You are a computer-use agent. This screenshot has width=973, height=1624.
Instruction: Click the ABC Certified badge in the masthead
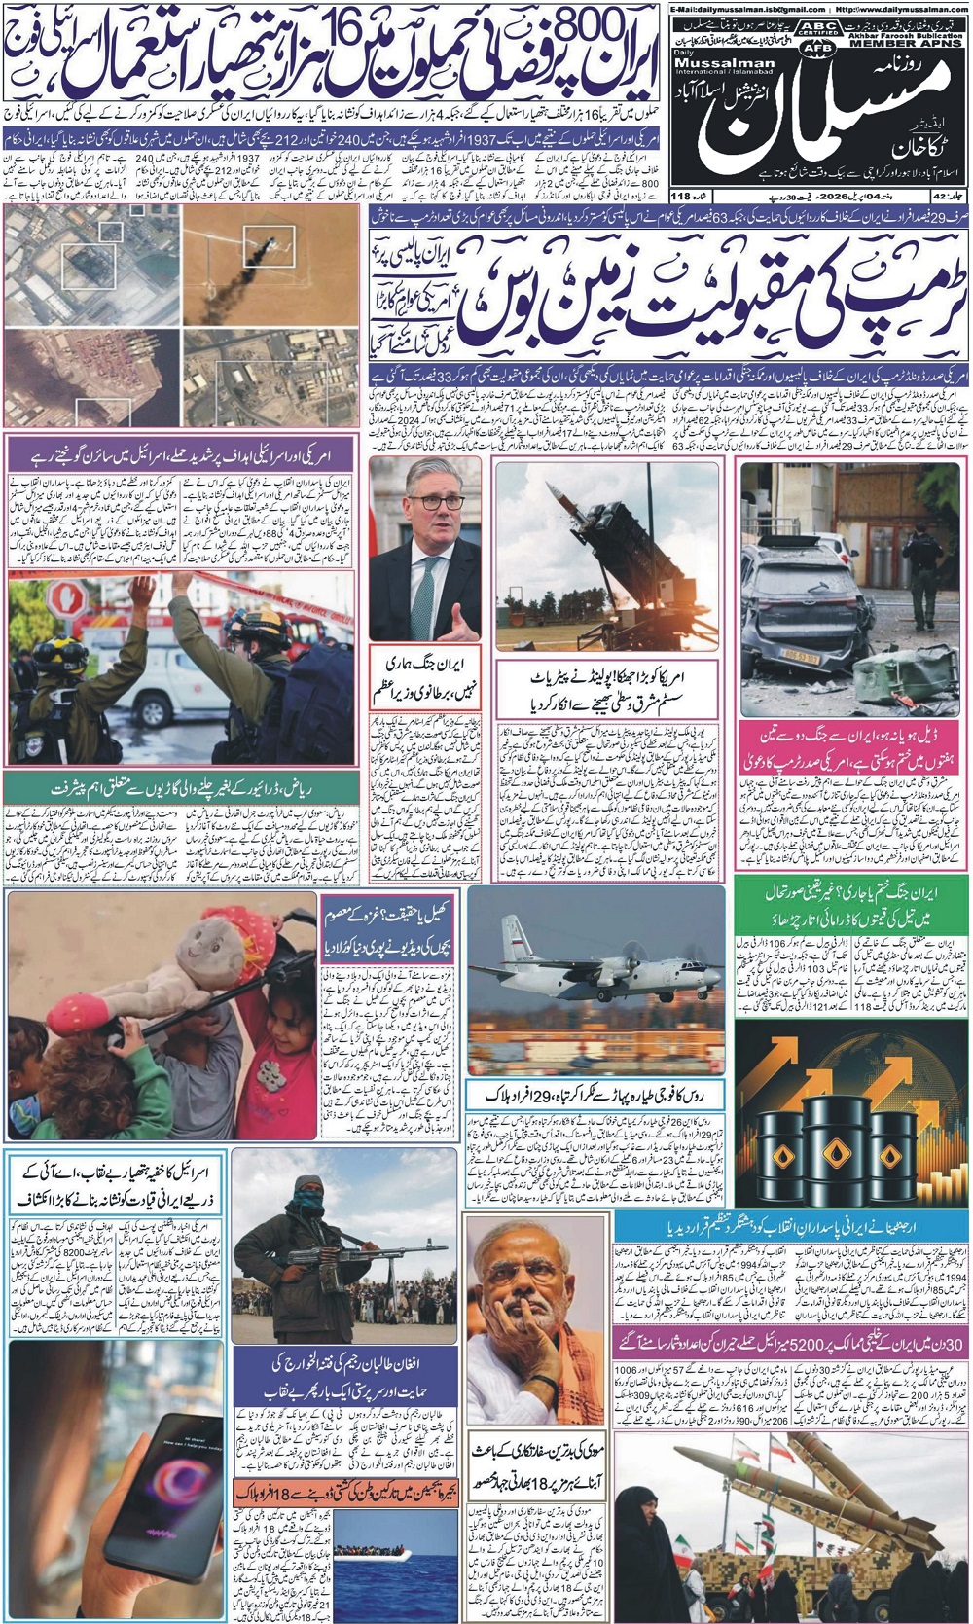[821, 27]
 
